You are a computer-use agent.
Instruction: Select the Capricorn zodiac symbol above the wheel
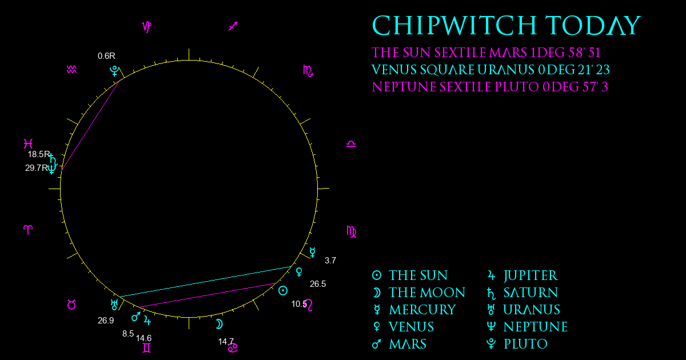pyautogui.click(x=147, y=27)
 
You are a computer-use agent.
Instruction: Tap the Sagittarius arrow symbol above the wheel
pyautogui.click(x=233, y=26)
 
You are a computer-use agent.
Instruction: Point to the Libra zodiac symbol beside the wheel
pyautogui.click(x=351, y=144)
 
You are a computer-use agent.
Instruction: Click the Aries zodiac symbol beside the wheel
pyautogui.click(x=28, y=230)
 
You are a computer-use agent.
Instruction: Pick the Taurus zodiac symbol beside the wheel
pyautogui.click(x=71, y=305)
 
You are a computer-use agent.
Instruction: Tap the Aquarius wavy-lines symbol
pyautogui.click(x=71, y=70)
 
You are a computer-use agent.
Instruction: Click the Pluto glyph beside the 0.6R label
pyautogui.click(x=114, y=71)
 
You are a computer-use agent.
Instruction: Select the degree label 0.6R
pyautogui.click(x=106, y=56)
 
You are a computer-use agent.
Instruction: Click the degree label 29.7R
pyautogui.click(x=37, y=168)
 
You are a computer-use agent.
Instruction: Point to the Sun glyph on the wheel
pyautogui.click(x=283, y=290)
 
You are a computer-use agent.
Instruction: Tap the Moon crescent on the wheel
pyautogui.click(x=219, y=324)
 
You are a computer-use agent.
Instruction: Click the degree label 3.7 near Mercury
pyautogui.click(x=330, y=261)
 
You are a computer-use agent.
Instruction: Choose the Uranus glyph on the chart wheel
pyautogui.click(x=114, y=305)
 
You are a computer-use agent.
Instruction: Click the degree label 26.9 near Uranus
pyautogui.click(x=106, y=321)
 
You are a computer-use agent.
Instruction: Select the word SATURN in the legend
pyautogui.click(x=531, y=293)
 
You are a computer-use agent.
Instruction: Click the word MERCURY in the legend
pyautogui.click(x=422, y=310)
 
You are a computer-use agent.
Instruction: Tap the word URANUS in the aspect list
pyautogui.click(x=506, y=70)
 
